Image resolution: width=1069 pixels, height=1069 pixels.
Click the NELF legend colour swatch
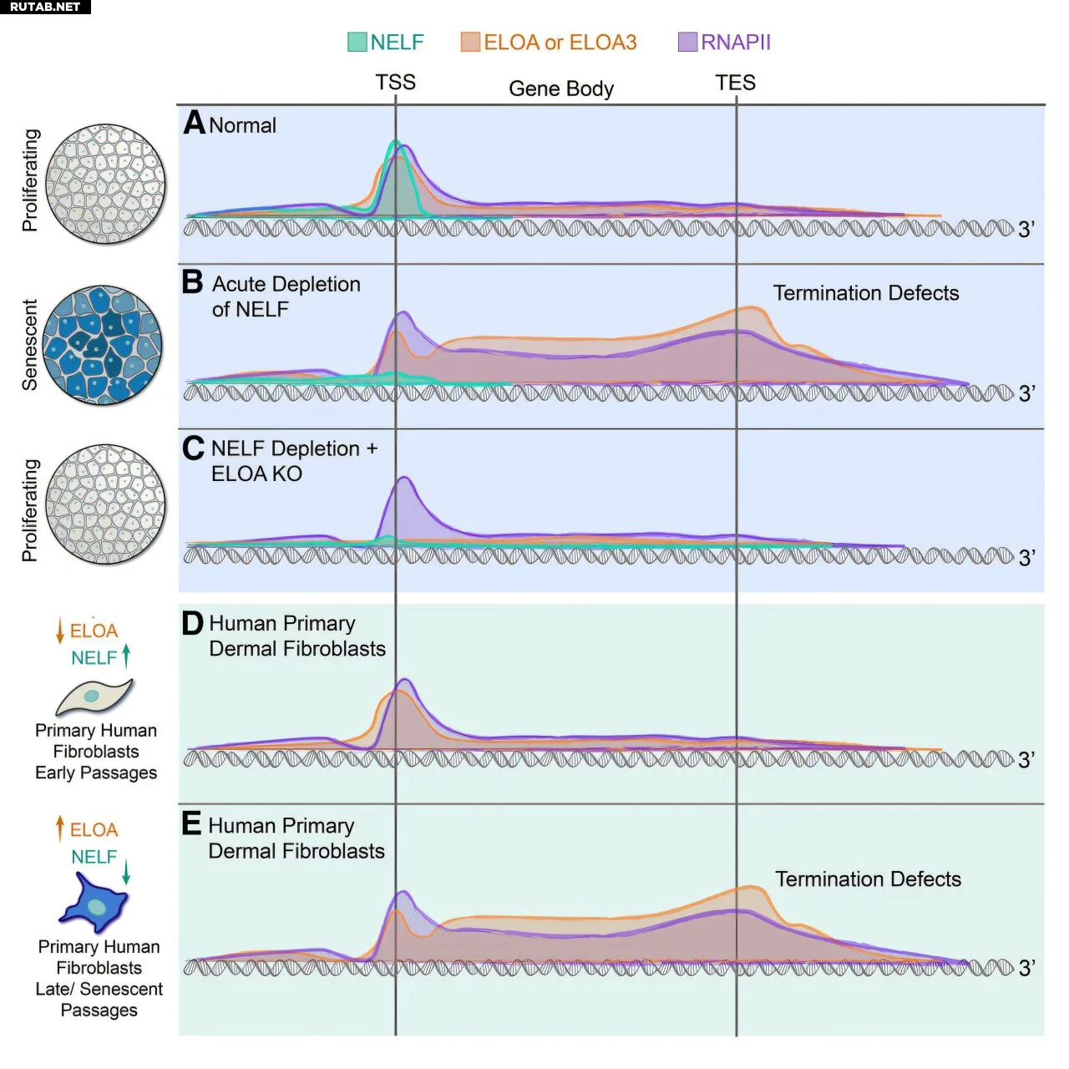pyautogui.click(x=357, y=42)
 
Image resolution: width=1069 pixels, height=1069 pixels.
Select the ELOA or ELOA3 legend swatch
pyautogui.click(x=470, y=42)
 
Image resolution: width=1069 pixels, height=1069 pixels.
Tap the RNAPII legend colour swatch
pyautogui.click(x=687, y=42)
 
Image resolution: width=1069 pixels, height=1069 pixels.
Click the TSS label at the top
pyautogui.click(x=395, y=82)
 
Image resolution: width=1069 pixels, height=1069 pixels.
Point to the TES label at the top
pyautogui.click(x=735, y=83)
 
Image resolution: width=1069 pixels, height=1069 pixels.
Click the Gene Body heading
pyautogui.click(x=561, y=89)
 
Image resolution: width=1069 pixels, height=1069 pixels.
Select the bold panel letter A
pyautogui.click(x=195, y=123)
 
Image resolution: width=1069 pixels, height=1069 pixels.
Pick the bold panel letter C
pyautogui.click(x=193, y=448)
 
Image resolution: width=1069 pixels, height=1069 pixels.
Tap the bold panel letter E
pyautogui.click(x=191, y=824)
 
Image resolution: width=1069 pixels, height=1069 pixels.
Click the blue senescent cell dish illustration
pyautogui.click(x=103, y=346)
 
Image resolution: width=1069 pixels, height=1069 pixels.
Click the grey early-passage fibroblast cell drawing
pyautogui.click(x=94, y=696)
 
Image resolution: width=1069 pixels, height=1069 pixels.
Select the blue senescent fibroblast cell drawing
pyautogui.click(x=94, y=903)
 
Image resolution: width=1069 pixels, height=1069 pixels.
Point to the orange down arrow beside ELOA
pyautogui.click(x=60, y=631)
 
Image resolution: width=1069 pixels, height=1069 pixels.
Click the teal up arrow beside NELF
pyautogui.click(x=126, y=656)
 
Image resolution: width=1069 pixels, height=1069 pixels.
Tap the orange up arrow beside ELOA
pyautogui.click(x=60, y=828)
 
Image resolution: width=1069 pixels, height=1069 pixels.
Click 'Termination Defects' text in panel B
pyautogui.click(x=866, y=293)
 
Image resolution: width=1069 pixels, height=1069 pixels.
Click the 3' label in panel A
pyautogui.click(x=1026, y=229)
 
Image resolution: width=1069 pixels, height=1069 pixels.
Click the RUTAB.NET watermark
pyautogui.click(x=45, y=7)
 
